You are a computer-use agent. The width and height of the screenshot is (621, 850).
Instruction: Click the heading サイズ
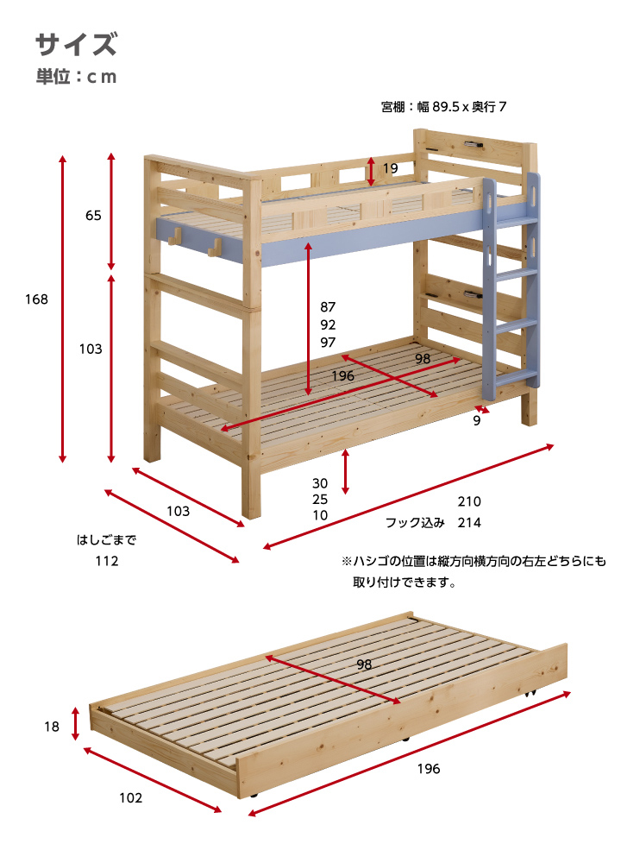76,44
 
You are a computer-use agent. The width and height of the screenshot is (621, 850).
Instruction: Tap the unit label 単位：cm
77,77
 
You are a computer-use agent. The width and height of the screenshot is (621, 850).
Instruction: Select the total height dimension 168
36,299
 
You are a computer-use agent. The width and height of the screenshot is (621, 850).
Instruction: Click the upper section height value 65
93,215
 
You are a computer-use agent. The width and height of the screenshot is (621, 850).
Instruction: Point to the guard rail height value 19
390,168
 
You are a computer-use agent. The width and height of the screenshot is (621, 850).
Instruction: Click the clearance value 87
328,307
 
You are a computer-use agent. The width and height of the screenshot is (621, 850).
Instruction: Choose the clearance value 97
328,342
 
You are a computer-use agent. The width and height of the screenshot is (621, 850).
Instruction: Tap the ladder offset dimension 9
477,420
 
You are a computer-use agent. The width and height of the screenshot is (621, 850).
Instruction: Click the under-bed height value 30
320,483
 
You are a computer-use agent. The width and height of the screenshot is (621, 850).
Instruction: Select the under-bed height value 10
320,515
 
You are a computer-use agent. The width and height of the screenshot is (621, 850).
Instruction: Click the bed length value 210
469,501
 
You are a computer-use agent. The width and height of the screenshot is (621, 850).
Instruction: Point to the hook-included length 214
469,523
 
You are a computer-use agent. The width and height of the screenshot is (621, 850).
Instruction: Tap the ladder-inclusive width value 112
107,561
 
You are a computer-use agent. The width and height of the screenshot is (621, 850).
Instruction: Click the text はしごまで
106,540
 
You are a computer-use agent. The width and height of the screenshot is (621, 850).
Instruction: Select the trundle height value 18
52,727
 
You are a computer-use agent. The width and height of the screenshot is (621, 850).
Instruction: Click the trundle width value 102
130,797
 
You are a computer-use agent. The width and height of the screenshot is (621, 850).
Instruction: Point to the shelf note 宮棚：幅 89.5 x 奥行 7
444,107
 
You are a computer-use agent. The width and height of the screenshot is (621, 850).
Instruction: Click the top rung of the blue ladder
516,221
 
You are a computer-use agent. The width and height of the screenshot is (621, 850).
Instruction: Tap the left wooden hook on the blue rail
174,236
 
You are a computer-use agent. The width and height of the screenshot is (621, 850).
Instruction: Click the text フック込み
415,523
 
